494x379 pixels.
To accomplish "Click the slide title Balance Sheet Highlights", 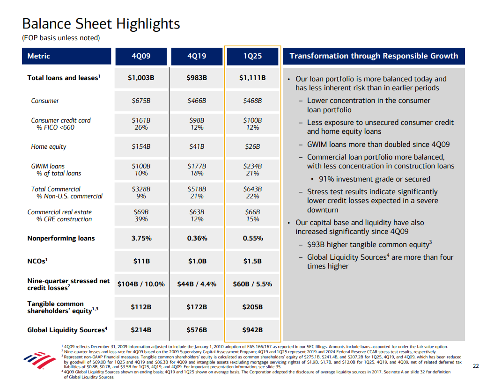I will point(101,24).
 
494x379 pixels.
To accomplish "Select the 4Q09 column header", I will point(141,56).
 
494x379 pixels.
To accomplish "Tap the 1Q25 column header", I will point(252,56).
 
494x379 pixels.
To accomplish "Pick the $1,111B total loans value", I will point(252,78).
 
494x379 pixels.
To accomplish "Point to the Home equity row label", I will point(49,147).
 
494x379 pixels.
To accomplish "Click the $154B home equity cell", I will point(141,147).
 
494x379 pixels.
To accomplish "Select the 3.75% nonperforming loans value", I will point(141,238).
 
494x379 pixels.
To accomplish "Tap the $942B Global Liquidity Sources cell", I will point(252,330).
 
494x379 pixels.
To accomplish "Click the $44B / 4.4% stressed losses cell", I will point(197,284).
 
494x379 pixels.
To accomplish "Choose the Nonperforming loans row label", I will point(61,238).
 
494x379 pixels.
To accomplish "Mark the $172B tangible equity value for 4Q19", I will point(197,307).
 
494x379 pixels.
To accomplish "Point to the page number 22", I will point(476,366).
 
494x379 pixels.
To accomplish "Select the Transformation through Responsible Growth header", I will point(374,56).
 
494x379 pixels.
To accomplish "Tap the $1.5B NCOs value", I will point(252,261).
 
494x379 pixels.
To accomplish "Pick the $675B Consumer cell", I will point(141,101).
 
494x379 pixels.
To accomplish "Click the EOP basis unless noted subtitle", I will point(61,38).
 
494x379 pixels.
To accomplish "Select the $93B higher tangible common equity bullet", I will point(369,244).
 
